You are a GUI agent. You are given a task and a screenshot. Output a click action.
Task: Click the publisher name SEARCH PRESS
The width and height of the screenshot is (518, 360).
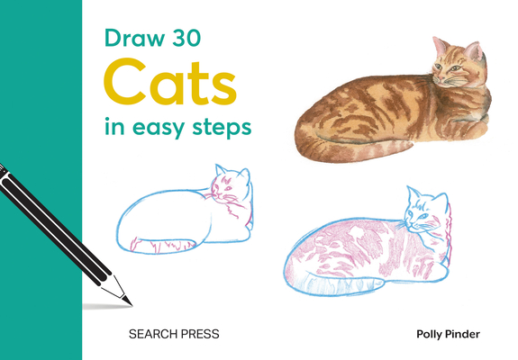(x=174, y=334)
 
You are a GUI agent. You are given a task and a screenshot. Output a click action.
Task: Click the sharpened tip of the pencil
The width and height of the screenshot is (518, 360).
(x=128, y=299)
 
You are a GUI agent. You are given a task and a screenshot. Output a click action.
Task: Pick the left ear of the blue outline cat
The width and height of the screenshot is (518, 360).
(x=218, y=171)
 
